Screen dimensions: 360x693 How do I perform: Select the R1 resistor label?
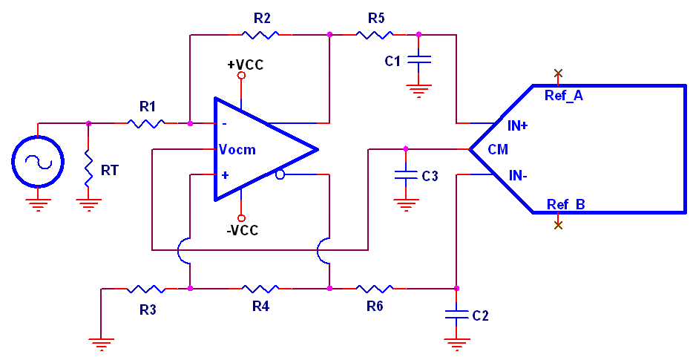click(148, 107)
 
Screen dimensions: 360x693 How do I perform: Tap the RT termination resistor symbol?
click(88, 168)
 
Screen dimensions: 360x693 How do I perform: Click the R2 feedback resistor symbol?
click(260, 34)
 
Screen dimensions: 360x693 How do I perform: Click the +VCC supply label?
click(245, 65)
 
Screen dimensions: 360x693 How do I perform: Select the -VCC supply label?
click(243, 230)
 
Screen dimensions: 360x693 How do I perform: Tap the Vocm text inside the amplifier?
click(237, 150)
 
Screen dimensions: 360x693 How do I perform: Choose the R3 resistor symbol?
click(145, 288)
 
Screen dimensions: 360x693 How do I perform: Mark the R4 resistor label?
click(260, 306)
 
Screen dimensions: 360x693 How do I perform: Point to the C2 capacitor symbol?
click(456, 315)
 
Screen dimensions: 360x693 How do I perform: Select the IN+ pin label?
click(518, 126)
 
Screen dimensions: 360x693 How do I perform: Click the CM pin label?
click(498, 150)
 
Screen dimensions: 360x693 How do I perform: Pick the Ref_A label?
click(564, 96)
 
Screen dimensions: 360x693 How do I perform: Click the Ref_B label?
click(566, 204)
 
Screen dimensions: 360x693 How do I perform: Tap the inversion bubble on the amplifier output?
click(280, 175)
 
